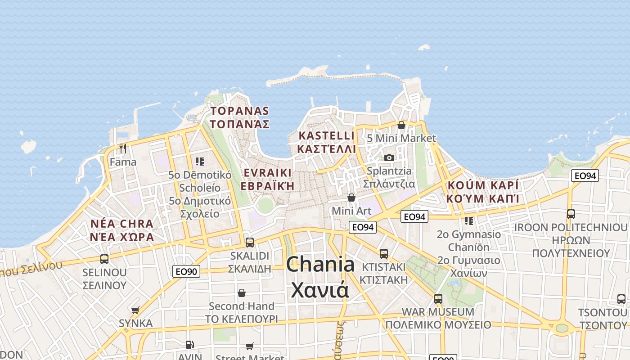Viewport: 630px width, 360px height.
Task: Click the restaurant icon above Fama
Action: (122, 148)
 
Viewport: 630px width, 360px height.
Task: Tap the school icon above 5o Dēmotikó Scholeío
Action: (200, 161)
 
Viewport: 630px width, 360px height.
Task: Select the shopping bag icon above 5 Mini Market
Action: (401, 125)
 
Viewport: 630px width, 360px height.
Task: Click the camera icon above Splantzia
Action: (389, 157)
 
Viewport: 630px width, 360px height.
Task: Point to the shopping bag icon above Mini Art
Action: (351, 198)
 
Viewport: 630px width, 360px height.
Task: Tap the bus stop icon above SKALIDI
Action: (249, 243)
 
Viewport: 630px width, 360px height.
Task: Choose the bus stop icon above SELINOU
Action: (104, 259)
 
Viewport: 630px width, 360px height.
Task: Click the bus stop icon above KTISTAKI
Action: (383, 254)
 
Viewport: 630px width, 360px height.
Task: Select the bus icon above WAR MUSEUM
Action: (438, 298)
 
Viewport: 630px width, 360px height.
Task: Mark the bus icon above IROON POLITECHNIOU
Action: (571, 214)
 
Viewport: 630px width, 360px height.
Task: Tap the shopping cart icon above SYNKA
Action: (135, 310)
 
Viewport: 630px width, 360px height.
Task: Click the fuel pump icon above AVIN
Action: (190, 345)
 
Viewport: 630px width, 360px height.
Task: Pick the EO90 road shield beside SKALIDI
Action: (186, 271)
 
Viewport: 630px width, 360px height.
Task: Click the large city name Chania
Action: (320, 264)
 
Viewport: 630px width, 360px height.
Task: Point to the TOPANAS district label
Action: (240, 111)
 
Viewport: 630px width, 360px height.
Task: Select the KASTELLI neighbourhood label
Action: (326, 136)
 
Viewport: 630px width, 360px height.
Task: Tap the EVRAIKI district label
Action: (267, 173)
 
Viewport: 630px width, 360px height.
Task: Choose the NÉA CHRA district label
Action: (122, 224)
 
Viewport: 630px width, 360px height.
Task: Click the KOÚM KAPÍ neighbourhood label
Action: (483, 185)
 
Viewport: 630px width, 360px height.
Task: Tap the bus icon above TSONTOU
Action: (621, 299)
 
